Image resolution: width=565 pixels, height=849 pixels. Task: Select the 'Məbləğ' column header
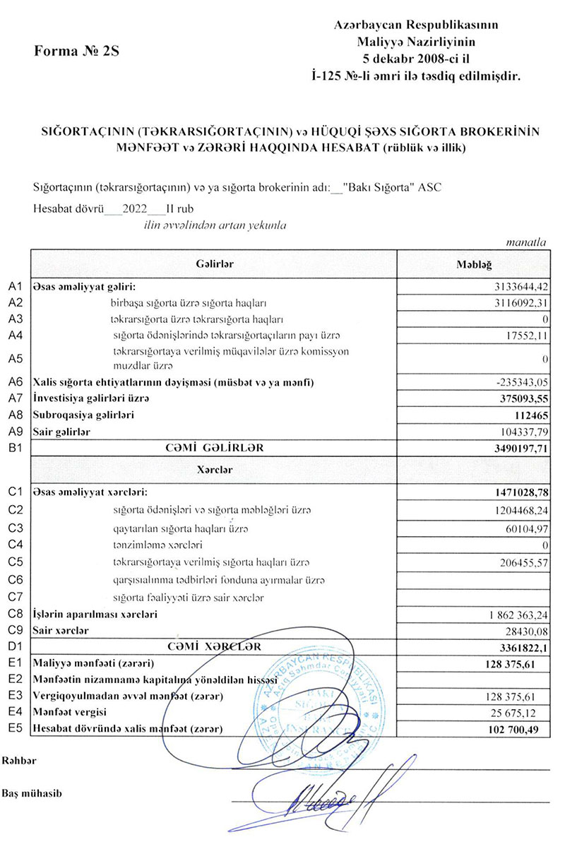click(x=475, y=263)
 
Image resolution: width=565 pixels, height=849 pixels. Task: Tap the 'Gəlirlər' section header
click(x=215, y=263)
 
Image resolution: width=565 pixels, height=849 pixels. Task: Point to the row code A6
click(x=16, y=382)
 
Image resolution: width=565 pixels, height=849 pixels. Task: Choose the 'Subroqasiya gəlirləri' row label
click(x=84, y=415)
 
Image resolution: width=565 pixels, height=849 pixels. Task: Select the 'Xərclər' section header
click(x=215, y=468)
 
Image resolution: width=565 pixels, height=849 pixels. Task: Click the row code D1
click(x=16, y=646)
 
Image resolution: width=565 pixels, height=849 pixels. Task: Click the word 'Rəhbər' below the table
click(x=18, y=761)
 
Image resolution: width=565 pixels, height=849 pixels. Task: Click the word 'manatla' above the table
click(x=527, y=242)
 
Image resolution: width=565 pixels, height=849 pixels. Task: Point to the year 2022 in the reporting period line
click(x=134, y=209)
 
